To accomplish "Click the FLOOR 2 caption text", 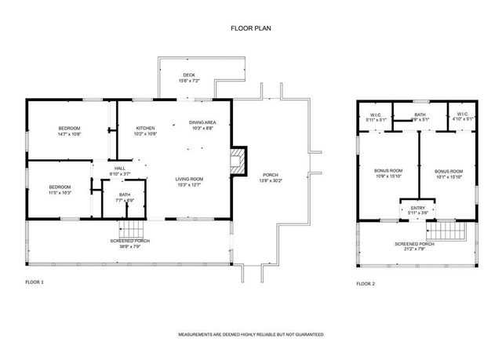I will [x=366, y=283].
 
